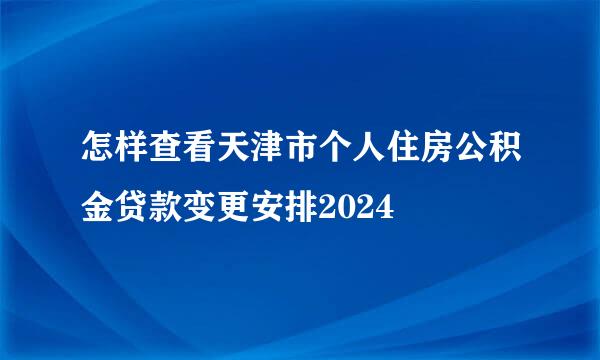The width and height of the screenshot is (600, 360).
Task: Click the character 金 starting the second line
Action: (98, 209)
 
